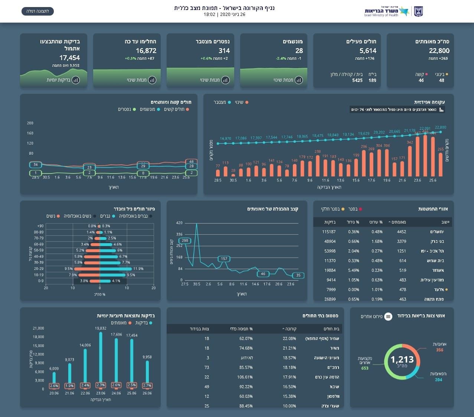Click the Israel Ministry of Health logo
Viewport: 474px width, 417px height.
click(393, 11)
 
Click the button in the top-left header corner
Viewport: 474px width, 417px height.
click(37, 11)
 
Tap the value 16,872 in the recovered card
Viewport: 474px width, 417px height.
click(146, 51)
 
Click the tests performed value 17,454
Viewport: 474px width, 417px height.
click(69, 58)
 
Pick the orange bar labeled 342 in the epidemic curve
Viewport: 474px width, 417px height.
click(410, 161)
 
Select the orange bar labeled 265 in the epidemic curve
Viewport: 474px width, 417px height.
click(441, 165)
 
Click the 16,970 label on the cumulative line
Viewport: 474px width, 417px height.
click(225, 139)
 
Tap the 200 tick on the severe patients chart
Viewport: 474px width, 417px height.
click(30, 123)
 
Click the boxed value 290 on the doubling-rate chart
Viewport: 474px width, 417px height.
click(185, 241)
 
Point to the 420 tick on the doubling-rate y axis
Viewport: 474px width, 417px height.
click(179, 223)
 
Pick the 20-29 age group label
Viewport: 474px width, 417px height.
click(39, 269)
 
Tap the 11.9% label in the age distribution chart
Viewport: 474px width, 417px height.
click(138, 269)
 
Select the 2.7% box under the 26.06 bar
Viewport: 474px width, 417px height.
click(147, 385)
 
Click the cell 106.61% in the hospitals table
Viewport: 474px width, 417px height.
click(246, 377)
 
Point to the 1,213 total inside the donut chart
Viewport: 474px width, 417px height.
click(402, 360)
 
